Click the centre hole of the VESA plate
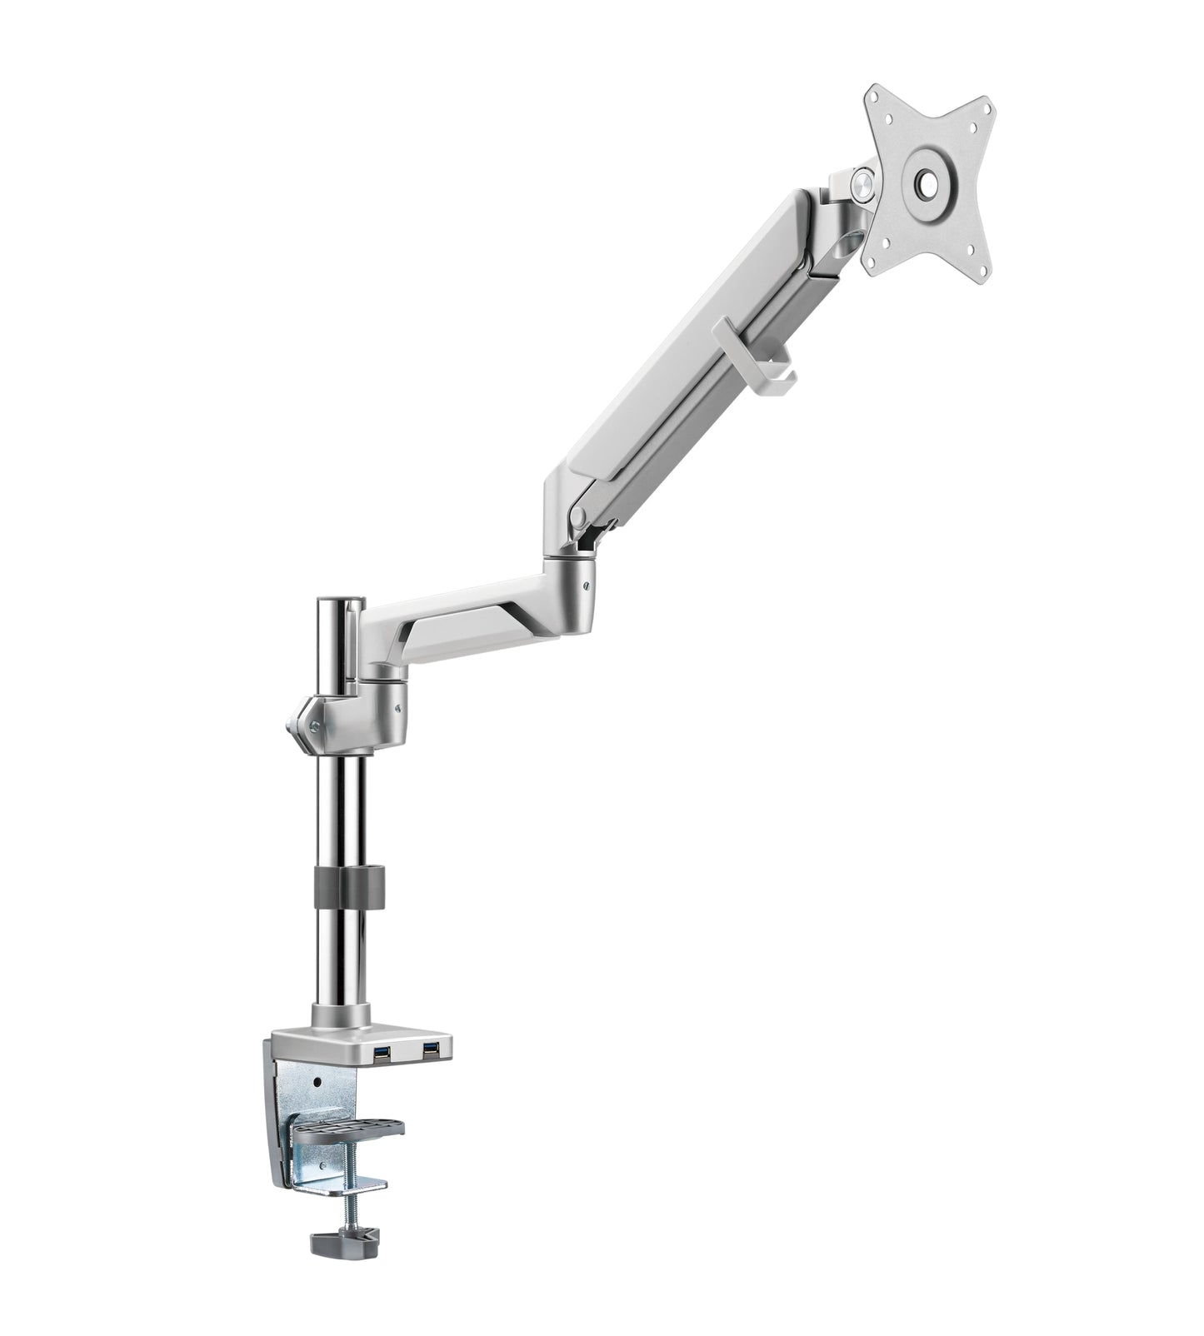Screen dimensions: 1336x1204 [926, 183]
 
